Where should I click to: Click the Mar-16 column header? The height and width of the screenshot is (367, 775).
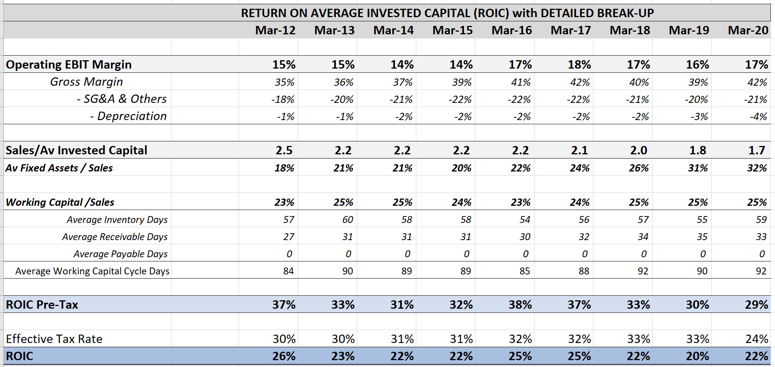[512, 30]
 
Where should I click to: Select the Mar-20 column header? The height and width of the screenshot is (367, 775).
[748, 30]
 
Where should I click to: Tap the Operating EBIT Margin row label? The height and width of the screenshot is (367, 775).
[69, 64]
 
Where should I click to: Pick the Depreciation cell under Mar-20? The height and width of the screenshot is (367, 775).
[758, 116]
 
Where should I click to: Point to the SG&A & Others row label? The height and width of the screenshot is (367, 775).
[122, 99]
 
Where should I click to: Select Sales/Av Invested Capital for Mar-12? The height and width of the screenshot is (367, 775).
[284, 150]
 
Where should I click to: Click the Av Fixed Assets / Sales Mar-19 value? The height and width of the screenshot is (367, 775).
[698, 168]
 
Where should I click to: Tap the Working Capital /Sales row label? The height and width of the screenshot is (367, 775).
[60, 202]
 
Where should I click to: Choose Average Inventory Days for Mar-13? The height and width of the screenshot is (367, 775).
[347, 220]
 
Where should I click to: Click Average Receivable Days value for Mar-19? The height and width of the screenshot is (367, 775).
[702, 237]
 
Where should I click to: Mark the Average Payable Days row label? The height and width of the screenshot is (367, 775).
[120, 254]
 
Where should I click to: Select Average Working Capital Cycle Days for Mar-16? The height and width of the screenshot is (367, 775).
[525, 271]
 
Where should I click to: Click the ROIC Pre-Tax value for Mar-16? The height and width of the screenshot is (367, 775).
[520, 304]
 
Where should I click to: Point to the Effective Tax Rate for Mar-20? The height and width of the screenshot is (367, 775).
[757, 339]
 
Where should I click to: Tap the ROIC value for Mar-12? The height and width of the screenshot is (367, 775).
[284, 356]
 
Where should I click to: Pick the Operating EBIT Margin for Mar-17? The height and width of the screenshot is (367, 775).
[579, 64]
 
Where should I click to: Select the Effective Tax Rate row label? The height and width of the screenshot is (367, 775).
[54, 339]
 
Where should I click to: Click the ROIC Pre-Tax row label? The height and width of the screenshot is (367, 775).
[42, 304]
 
